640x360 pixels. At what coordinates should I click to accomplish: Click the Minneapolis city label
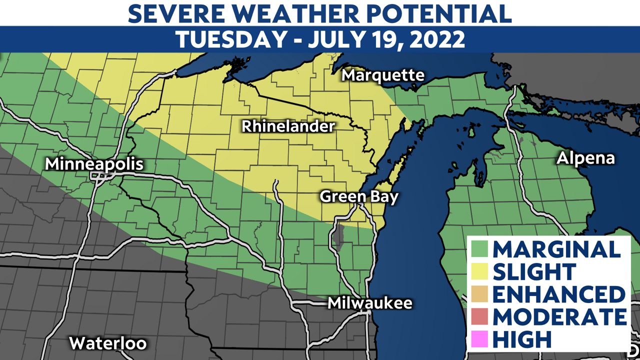pyautogui.click(x=94, y=164)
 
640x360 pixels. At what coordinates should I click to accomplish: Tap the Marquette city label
pyautogui.click(x=383, y=75)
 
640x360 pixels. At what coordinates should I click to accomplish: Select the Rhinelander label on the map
pyautogui.click(x=288, y=126)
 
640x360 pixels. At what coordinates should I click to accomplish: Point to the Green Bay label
pyautogui.click(x=359, y=196)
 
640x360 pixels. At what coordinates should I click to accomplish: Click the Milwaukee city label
pyautogui.click(x=370, y=303)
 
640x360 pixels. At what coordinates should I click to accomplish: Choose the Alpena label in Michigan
pyautogui.click(x=586, y=158)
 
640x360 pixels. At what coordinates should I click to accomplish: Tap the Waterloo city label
pyautogui.click(x=107, y=343)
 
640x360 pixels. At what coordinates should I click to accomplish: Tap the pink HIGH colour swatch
pyautogui.click(x=479, y=339)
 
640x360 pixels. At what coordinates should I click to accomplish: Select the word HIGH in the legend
pyautogui.click(x=521, y=339)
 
